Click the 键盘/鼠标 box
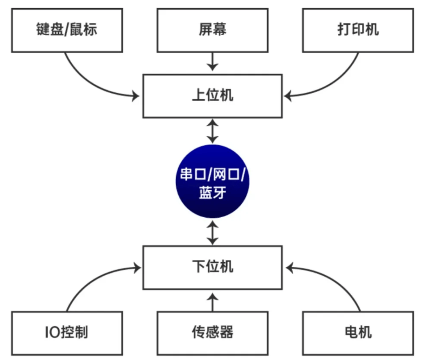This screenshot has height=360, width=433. coord(67,31)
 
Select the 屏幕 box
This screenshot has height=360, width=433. coord(213,31)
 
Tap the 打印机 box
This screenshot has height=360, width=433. coord(358,31)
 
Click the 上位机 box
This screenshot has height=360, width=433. coord(213,96)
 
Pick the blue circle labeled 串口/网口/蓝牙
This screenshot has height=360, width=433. coord(213,181)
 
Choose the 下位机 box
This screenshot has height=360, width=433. coord(213,267)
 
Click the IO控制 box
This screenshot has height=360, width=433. coord(67,333)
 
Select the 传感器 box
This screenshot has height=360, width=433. coord(213,333)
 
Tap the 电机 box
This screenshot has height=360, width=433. coord(358,333)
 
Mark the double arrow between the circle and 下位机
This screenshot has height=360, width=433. coord(213,232)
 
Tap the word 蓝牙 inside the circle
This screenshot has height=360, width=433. coord(213,194)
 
